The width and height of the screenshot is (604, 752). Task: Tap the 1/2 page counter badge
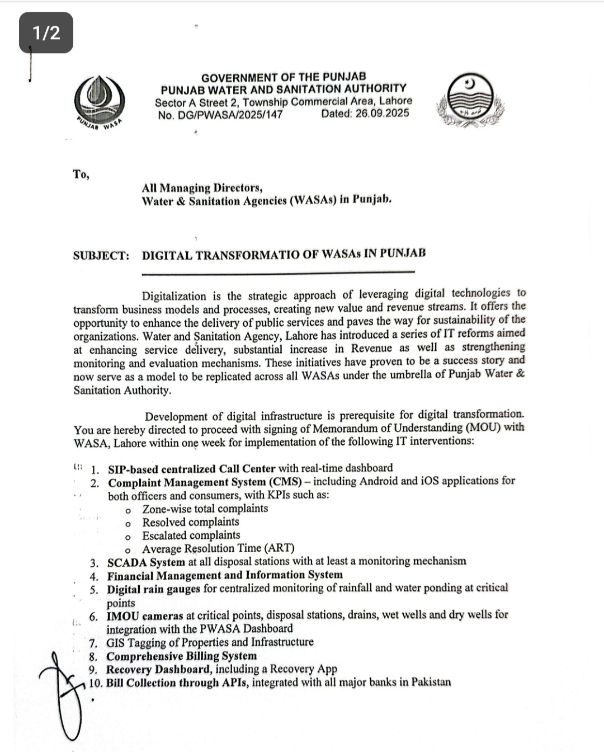coord(46,33)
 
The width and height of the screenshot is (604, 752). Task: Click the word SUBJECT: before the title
coord(101,256)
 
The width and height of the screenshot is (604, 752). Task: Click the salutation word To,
coord(81,175)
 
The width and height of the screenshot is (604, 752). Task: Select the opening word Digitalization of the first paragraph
coord(174,296)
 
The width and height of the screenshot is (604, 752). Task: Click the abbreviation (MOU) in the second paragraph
coord(483,427)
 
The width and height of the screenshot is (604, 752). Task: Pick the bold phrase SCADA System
coord(146,562)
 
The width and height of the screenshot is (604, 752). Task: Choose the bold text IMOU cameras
coord(145,615)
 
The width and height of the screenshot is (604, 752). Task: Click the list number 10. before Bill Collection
coord(96,683)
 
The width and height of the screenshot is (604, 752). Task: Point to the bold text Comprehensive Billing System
coord(182,656)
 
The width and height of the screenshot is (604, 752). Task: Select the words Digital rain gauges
coord(153,589)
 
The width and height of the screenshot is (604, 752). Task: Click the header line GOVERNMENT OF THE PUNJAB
coord(284,77)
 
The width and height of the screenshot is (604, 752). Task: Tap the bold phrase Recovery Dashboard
coord(158,670)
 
